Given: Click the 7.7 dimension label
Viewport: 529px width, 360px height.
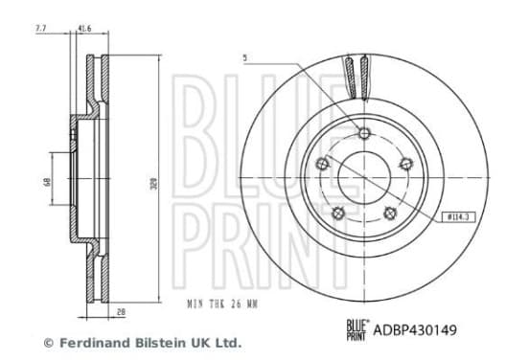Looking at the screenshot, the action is click(x=40, y=29).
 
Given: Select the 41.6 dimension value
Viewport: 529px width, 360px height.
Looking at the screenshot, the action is click(x=84, y=29).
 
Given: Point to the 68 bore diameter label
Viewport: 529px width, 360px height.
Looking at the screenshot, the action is click(x=47, y=182).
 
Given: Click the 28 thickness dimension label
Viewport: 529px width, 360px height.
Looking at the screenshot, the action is click(x=121, y=312).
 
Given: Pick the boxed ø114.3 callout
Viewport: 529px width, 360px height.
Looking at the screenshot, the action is click(x=458, y=217).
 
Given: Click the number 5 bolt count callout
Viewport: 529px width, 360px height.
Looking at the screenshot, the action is click(x=245, y=58).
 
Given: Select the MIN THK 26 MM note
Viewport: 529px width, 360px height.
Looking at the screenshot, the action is click(x=222, y=304).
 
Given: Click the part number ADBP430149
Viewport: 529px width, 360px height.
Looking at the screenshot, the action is click(x=415, y=329).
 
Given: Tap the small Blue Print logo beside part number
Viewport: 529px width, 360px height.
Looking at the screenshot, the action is click(x=357, y=330).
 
